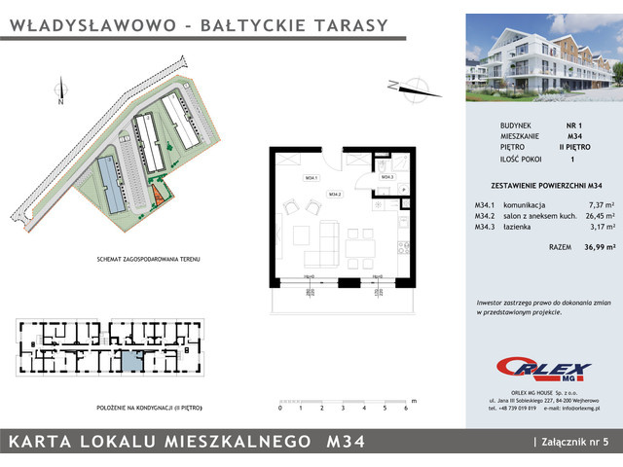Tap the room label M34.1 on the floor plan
click(x=311, y=178)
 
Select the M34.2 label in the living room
click(x=334, y=195)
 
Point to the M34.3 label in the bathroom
click(x=386, y=178)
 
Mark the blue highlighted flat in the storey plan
click(x=130, y=362)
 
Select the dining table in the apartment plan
click(x=359, y=245)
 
